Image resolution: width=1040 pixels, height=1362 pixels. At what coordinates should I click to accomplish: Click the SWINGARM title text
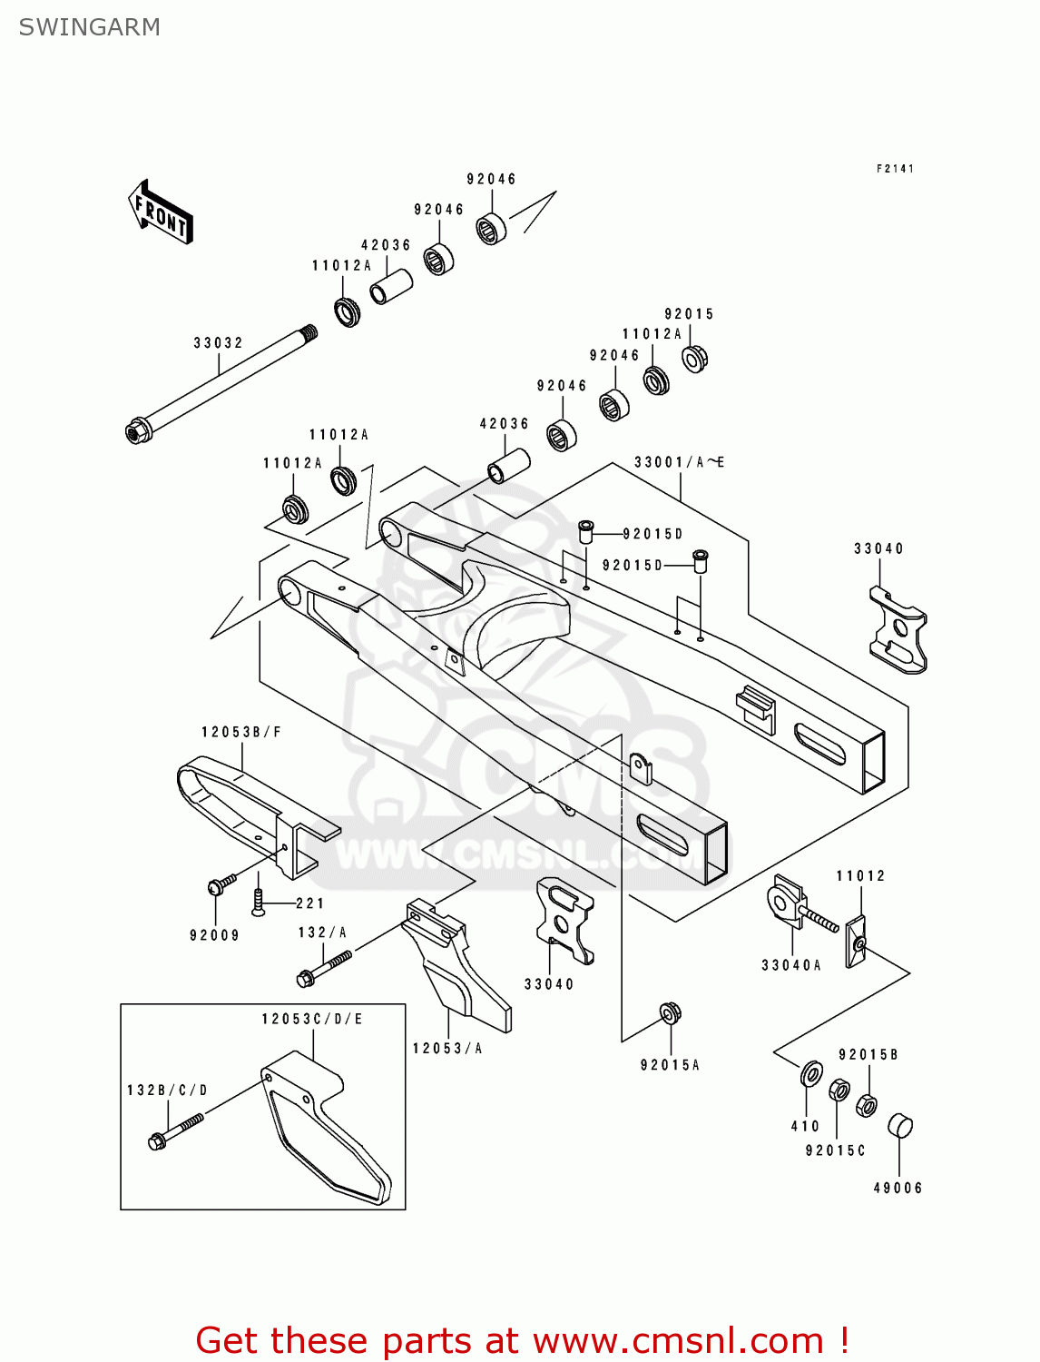(89, 27)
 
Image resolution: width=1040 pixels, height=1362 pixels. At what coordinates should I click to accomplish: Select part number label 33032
(218, 343)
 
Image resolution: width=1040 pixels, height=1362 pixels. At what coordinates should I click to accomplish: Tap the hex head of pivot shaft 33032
(137, 430)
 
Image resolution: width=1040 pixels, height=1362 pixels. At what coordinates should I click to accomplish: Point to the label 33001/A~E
(679, 462)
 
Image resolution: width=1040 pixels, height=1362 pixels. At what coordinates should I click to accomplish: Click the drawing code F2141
(895, 169)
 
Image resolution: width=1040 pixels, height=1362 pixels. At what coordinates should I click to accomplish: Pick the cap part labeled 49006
(899, 1125)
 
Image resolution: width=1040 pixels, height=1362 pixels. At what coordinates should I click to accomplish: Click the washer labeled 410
(811, 1074)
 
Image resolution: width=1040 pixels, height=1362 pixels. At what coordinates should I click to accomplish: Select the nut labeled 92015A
(671, 1012)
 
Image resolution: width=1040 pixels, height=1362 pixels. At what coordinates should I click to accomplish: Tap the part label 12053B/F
(241, 732)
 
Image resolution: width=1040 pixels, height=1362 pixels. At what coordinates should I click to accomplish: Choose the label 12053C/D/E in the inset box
(312, 1019)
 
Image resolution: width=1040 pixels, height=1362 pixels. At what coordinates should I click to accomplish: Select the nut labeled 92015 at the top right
(695, 358)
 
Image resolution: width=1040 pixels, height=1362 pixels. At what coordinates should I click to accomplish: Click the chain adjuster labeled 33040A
(786, 902)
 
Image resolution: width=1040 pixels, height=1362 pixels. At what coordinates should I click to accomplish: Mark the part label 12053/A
(447, 1049)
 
